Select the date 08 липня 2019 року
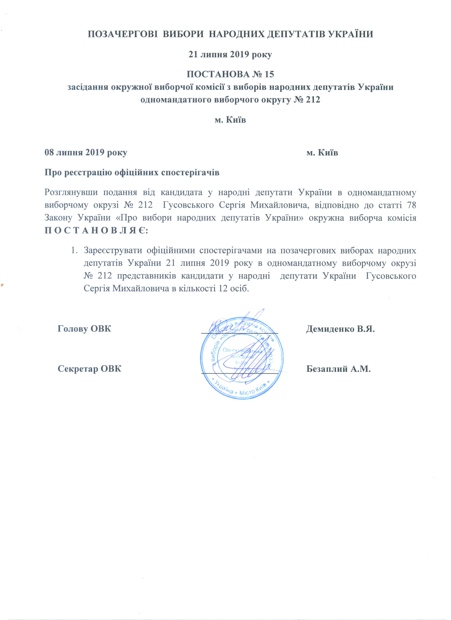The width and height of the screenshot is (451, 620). point(86,153)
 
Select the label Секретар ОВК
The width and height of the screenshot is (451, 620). point(89,369)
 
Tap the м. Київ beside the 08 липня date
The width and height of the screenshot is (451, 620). point(322,153)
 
